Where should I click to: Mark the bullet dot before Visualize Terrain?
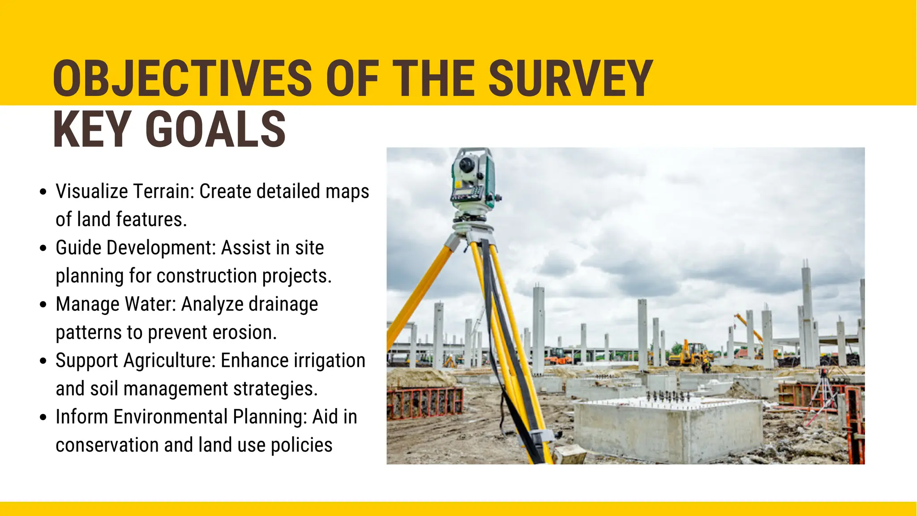[43, 192]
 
